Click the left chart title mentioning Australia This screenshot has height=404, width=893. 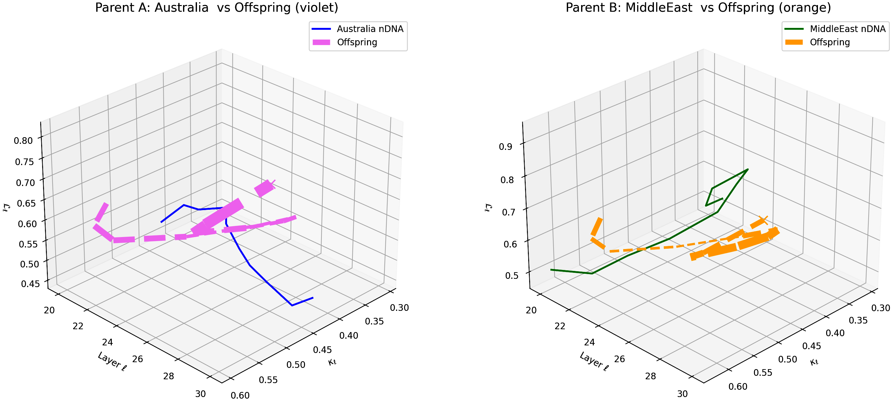(x=216, y=8)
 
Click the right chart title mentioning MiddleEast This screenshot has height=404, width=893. (x=698, y=8)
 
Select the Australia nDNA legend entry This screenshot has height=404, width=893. (x=370, y=29)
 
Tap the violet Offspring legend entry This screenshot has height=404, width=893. (x=357, y=42)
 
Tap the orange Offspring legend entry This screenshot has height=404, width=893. (x=830, y=42)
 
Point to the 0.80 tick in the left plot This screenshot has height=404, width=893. (x=23, y=141)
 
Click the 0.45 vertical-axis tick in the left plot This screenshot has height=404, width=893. (x=30, y=284)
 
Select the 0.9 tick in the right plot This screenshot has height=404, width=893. (x=505, y=147)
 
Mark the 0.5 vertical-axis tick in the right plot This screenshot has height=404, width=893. (x=512, y=276)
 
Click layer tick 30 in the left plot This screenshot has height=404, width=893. (x=200, y=394)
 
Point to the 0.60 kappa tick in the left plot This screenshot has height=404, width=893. (x=240, y=395)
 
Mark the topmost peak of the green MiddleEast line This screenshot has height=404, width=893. (x=748, y=169)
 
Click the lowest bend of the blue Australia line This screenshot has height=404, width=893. (x=292, y=305)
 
